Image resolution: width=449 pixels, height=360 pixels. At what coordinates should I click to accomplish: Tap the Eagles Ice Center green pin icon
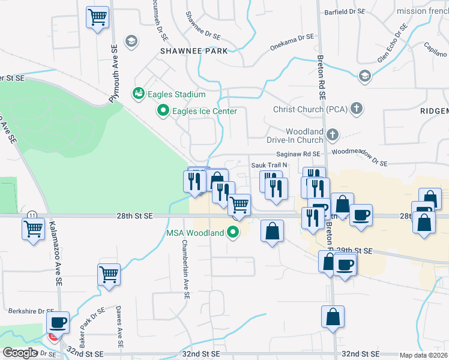[x=162, y=111]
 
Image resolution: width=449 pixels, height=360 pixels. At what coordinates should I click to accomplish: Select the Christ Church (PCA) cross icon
[x=357, y=109]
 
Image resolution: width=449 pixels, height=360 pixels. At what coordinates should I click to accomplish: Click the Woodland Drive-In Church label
[x=304, y=136]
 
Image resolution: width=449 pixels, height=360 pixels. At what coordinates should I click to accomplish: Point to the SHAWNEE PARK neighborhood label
[x=194, y=51]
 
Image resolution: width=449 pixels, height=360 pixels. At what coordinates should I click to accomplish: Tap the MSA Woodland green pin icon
[x=234, y=232]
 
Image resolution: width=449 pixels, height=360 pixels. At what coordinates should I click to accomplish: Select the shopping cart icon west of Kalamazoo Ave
[x=33, y=228]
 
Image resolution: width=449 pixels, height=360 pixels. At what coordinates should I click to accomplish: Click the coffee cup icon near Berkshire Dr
[x=58, y=322]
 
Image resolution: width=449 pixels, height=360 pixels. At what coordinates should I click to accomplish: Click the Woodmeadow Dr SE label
[x=359, y=158]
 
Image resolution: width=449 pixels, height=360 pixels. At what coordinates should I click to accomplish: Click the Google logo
[x=20, y=353]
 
